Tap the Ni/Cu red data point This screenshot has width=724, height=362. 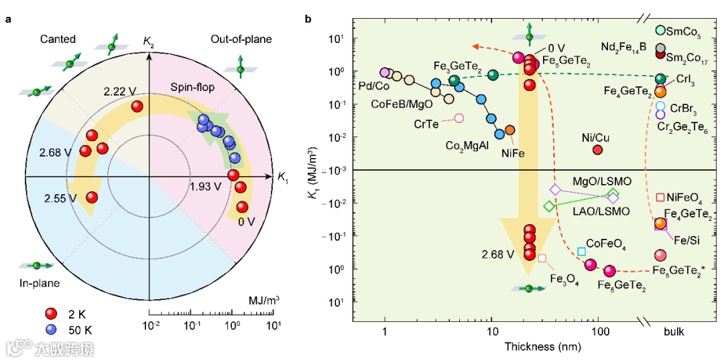(597, 149)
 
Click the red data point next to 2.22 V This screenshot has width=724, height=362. (137, 106)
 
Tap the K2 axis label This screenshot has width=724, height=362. (149, 43)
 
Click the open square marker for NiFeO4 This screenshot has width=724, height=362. (660, 197)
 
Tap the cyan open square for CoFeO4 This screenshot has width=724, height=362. (582, 252)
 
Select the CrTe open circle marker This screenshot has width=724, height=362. (459, 118)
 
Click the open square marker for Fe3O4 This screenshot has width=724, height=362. (542, 258)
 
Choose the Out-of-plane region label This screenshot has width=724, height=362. (241, 39)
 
